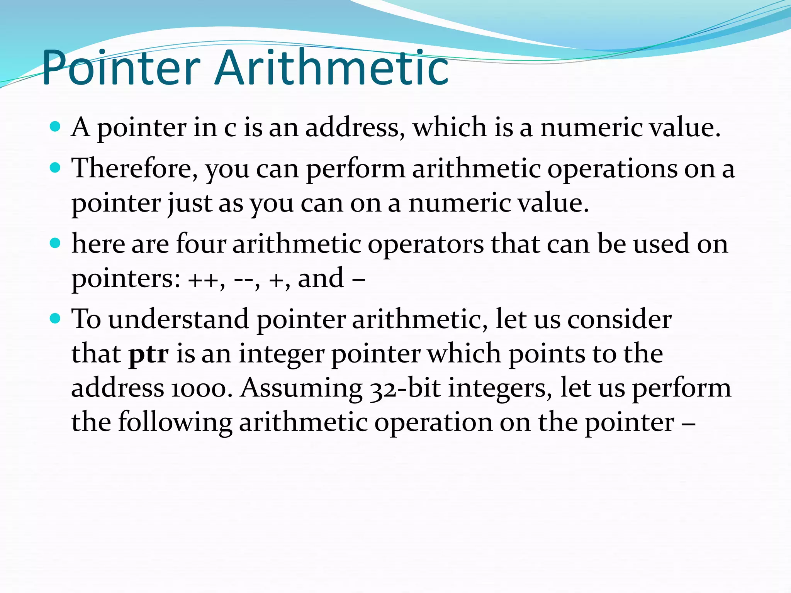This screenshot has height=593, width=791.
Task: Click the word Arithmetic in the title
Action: pos(331,68)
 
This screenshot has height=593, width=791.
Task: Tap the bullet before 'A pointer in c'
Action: pos(56,126)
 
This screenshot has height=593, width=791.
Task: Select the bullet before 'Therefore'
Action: pos(56,168)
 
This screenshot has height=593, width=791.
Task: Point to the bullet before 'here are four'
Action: pos(56,243)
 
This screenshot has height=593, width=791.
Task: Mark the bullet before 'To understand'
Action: pos(56,319)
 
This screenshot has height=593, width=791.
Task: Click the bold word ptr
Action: pos(148,354)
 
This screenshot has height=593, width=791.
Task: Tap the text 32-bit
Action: pos(405,388)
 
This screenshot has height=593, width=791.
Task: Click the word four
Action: pos(201,244)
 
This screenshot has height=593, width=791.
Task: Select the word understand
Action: pos(178,319)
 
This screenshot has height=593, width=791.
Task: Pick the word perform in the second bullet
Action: pos(355,169)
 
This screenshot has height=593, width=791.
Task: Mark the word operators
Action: pos(425,244)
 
